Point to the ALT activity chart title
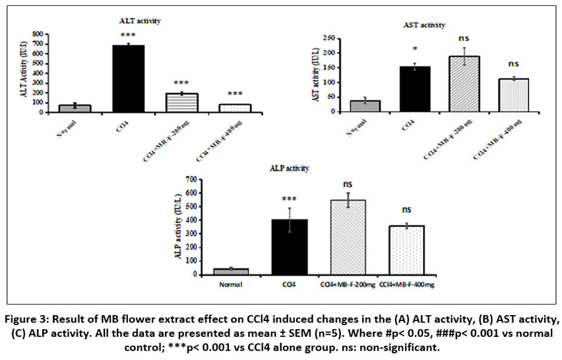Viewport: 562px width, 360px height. click(x=140, y=20)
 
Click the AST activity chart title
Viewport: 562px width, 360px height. click(x=423, y=24)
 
